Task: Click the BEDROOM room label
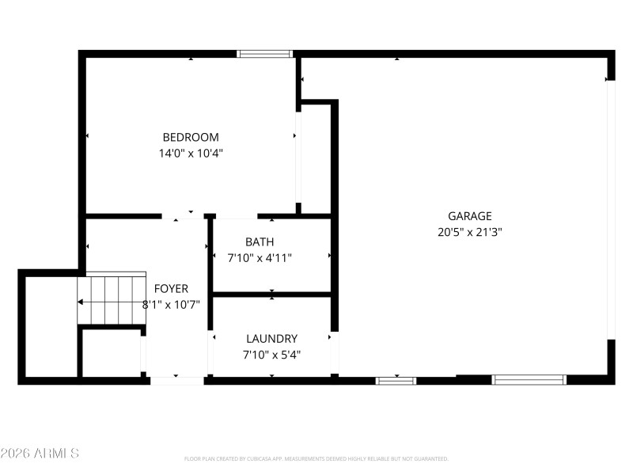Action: pos(191,137)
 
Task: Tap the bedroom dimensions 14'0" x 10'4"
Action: pos(191,154)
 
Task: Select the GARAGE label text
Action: pos(470,215)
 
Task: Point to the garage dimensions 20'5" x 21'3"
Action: pos(470,232)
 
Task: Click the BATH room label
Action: pos(260,241)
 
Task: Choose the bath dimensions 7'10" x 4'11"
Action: pos(260,257)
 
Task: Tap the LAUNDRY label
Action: pos(271,338)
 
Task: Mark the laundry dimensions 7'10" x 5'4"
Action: pos(271,355)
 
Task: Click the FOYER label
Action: pos(171,288)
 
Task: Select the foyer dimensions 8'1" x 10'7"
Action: pos(171,304)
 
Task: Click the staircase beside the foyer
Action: pos(112,300)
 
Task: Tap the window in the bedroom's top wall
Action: pos(265,54)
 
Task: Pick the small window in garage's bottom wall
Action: pos(396,381)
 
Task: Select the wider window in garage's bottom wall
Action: pos(529,381)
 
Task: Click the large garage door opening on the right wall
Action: pos(610,210)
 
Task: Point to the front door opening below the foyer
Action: pos(177,381)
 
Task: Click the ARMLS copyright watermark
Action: pos(40,454)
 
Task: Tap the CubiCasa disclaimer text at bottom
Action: pos(316,459)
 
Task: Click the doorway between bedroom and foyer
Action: pos(184,215)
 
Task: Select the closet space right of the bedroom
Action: pos(315,158)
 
